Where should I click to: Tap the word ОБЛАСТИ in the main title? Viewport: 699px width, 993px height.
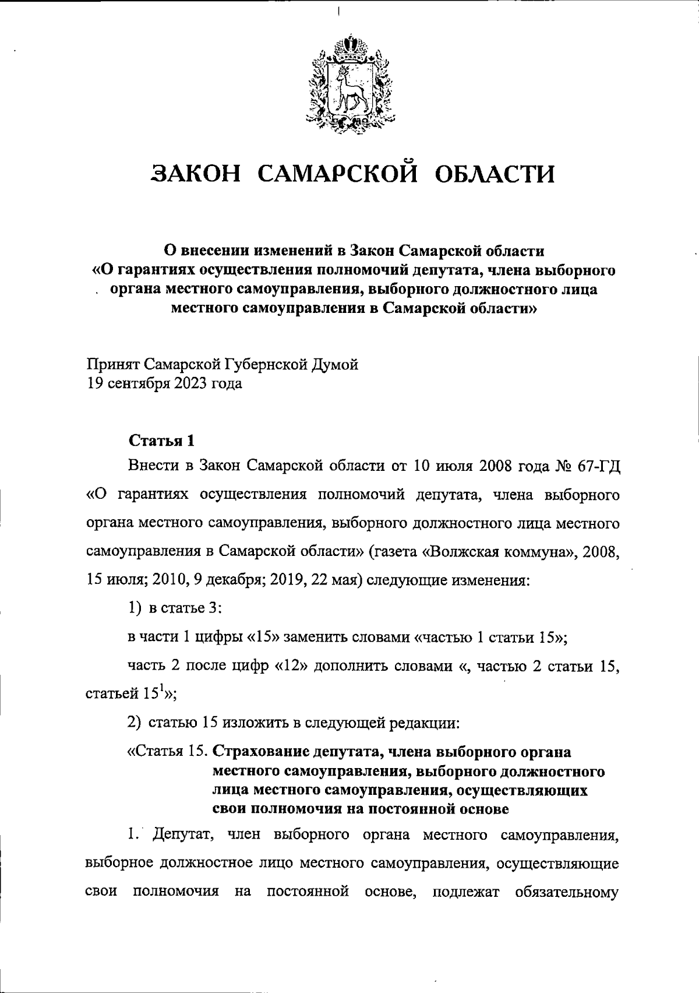[x=495, y=174]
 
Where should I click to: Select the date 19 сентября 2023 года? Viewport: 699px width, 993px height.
[x=164, y=384]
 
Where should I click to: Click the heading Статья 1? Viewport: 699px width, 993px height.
[x=161, y=441]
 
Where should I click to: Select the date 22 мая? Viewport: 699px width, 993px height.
[x=337, y=580]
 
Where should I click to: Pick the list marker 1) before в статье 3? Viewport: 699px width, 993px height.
[x=135, y=608]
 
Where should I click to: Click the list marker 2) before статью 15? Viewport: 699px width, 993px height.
[x=135, y=723]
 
